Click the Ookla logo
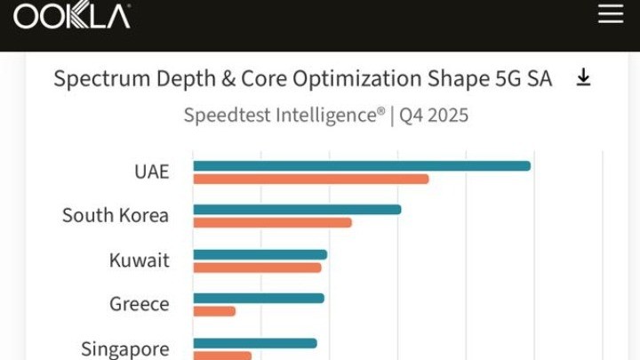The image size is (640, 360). (72, 15)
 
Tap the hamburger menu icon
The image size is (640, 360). (611, 14)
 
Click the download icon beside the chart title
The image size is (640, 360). (583, 78)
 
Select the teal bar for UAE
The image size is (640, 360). (361, 165)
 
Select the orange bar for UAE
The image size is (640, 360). (310, 179)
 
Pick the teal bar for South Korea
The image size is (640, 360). (297, 210)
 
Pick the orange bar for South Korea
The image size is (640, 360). (272, 222)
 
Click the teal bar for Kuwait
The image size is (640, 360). (260, 255)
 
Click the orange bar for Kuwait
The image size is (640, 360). (257, 268)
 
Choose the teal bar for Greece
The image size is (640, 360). (258, 299)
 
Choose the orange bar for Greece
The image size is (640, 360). (214, 311)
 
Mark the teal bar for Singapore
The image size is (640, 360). (254, 343)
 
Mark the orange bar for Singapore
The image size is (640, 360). (222, 356)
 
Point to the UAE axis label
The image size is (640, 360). (151, 172)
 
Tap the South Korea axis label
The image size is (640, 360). (116, 215)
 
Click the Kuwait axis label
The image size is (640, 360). (139, 260)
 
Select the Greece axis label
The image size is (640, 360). (139, 304)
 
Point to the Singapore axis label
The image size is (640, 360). (124, 348)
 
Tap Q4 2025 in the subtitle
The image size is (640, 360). (434, 116)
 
